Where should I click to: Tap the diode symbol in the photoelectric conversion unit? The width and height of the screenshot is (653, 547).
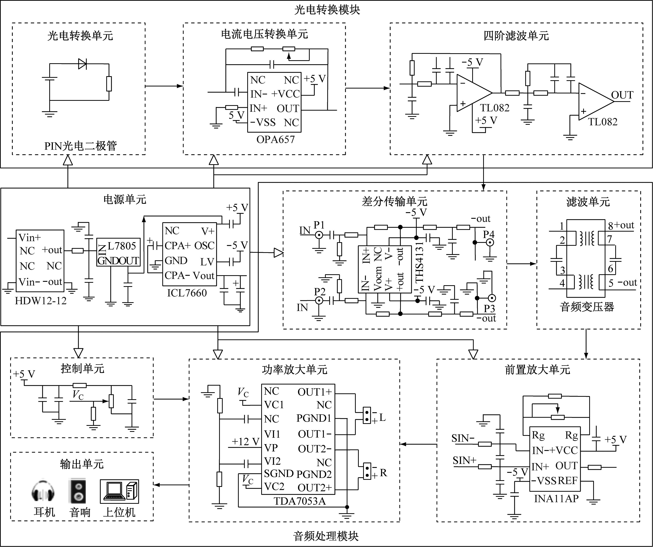82,64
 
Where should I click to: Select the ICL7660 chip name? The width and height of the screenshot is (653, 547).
187,293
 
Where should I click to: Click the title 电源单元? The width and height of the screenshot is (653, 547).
125,199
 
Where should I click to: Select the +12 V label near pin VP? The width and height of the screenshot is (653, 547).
245,441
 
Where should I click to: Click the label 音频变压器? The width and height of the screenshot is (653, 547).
587,307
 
